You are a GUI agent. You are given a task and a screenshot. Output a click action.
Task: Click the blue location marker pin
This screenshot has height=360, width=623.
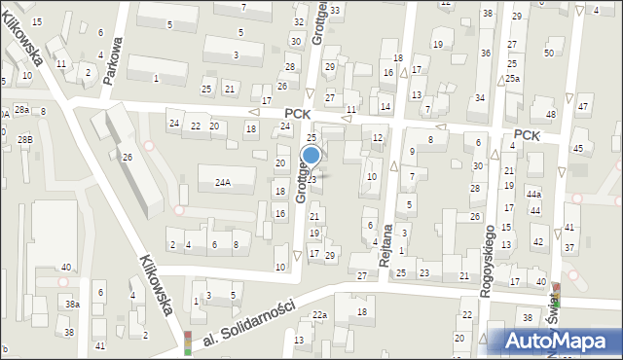(311, 156)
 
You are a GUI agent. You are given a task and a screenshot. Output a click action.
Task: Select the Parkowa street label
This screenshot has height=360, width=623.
(116, 61)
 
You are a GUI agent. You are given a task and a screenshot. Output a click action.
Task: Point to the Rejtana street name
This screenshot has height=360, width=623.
(386, 245)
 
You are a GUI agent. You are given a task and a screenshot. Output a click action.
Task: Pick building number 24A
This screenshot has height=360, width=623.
(223, 182)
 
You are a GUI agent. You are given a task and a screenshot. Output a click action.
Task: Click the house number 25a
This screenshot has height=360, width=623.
(512, 78)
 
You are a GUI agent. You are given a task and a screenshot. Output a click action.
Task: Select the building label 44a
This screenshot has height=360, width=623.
(533, 195)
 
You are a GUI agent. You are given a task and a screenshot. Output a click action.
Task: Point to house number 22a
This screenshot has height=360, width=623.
(319, 315)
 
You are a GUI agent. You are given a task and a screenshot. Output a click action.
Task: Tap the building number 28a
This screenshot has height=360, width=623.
(21, 109)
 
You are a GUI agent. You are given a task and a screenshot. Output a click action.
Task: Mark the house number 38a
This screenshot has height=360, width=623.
(72, 305)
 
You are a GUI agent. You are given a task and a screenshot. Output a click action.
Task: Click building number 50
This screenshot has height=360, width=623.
(549, 53)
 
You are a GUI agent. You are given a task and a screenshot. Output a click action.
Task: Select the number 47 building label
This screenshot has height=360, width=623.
(583, 106)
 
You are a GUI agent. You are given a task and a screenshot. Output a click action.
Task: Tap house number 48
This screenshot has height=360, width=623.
(551, 115)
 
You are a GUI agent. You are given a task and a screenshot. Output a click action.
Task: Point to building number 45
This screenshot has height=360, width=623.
(578, 148)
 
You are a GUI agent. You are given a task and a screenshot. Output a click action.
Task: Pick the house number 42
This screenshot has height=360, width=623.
(537, 241)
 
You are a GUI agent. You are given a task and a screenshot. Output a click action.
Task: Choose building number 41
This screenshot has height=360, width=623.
(99, 346)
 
